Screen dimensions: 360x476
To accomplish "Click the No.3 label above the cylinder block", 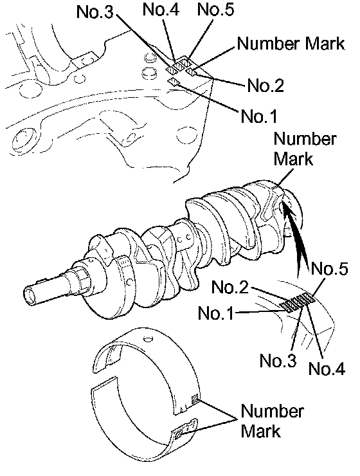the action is click(x=94, y=12).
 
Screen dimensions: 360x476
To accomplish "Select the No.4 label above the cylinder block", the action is click(x=161, y=10).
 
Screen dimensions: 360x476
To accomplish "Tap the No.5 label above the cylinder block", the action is click(x=215, y=10).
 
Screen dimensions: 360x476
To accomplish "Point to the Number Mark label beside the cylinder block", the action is click(x=291, y=43).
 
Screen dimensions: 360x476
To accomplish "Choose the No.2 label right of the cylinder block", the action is click(x=265, y=86).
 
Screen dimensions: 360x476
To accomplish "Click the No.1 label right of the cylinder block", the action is click(x=259, y=116).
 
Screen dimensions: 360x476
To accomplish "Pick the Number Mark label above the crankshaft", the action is click(x=305, y=149).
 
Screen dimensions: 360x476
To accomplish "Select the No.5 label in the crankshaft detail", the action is click(x=329, y=269).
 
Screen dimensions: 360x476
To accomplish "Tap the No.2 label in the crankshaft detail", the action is click(x=230, y=287).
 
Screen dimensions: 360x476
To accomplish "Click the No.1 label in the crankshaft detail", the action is click(x=216, y=313).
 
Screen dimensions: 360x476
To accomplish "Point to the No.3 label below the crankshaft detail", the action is click(x=278, y=361).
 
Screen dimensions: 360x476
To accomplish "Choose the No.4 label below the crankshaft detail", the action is click(x=327, y=369).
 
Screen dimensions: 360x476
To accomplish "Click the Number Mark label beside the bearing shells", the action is click(x=272, y=421).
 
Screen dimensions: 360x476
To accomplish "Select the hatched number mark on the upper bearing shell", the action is click(x=195, y=399).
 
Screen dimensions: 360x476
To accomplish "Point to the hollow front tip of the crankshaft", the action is click(x=30, y=295).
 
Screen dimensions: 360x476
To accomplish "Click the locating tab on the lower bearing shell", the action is click(x=185, y=428).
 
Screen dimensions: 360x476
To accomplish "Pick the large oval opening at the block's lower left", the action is click(x=23, y=139).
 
